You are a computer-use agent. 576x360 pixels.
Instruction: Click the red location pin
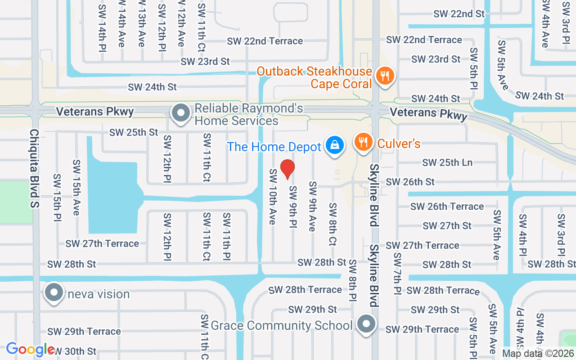[x=288, y=169]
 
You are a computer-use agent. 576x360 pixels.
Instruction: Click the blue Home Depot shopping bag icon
[x=334, y=145]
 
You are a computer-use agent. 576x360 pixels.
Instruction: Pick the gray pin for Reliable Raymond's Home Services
[x=181, y=113]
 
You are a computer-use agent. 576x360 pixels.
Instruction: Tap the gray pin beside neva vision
[x=54, y=292]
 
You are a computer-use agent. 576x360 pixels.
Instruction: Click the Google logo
[x=30, y=349]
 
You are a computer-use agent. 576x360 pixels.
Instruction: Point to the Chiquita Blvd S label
[x=35, y=169]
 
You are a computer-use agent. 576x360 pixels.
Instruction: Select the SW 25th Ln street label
[x=447, y=162]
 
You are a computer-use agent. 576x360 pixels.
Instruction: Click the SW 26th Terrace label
[x=447, y=207]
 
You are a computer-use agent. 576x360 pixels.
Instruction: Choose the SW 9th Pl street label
[x=293, y=207]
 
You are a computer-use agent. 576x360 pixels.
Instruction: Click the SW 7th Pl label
[x=397, y=273]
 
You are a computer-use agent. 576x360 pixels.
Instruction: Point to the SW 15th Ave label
[x=76, y=187]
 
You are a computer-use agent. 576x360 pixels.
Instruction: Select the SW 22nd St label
[x=459, y=14]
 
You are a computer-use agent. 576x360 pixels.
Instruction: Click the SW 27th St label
[x=447, y=225]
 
